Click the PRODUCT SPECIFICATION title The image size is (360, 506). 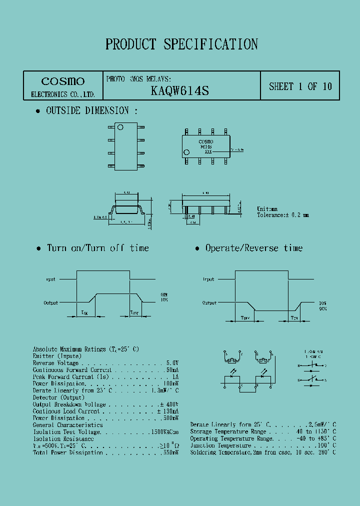click(x=181, y=44)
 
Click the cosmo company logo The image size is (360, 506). click(x=62, y=81)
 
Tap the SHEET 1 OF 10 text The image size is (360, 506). click(x=300, y=86)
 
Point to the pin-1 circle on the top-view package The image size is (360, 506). click(x=120, y=127)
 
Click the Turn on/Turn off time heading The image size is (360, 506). click(x=97, y=248)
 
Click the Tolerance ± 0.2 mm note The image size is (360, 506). click(x=283, y=215)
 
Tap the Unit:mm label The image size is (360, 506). click(x=267, y=209)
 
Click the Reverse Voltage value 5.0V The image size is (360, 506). click(x=172, y=363)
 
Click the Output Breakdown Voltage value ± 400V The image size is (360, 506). click(x=169, y=404)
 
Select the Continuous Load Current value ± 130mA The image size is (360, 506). click(x=166, y=411)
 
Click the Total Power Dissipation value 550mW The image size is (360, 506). click(x=170, y=452)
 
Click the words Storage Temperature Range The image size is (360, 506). click(x=228, y=431)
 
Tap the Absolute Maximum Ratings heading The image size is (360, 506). click(x=85, y=349)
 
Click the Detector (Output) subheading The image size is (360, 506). click(x=58, y=397)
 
